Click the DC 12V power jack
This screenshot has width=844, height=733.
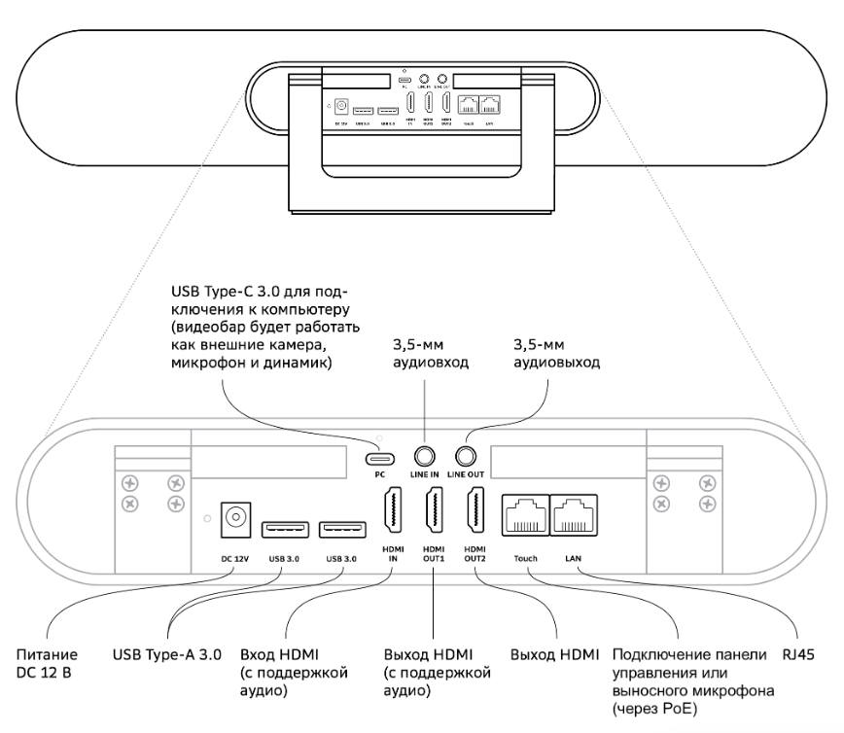[232, 520]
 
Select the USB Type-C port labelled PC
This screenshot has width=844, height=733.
[380, 457]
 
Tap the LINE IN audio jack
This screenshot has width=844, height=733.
[425, 455]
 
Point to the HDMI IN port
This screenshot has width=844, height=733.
[391, 513]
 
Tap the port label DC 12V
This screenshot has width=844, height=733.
[232, 559]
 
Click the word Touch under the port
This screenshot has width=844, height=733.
[525, 559]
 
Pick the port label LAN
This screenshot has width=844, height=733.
[573, 559]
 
